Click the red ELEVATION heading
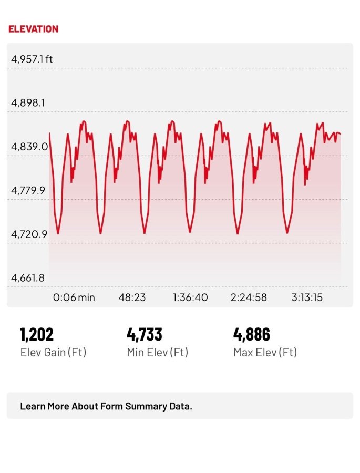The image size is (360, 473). (33, 29)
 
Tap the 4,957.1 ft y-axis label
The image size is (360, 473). (32, 59)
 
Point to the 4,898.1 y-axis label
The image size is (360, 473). (28, 102)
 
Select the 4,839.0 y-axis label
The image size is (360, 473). (29, 146)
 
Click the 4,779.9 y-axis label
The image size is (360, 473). (28, 190)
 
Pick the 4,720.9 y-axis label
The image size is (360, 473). (29, 234)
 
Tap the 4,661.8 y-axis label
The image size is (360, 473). (28, 277)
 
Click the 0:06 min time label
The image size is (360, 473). (74, 297)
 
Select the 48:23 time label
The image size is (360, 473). (132, 297)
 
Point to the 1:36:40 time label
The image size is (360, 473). (190, 297)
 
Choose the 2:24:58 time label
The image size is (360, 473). (249, 297)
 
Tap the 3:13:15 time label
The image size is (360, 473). (307, 297)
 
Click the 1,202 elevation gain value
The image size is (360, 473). (37, 334)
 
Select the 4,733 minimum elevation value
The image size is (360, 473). (144, 334)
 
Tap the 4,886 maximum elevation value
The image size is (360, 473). (251, 334)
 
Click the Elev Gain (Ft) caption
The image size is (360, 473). (53, 352)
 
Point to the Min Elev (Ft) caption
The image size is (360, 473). (157, 352)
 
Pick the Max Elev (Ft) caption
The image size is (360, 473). (265, 352)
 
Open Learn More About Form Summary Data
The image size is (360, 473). (106, 406)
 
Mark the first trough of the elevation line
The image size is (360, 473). (58, 233)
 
